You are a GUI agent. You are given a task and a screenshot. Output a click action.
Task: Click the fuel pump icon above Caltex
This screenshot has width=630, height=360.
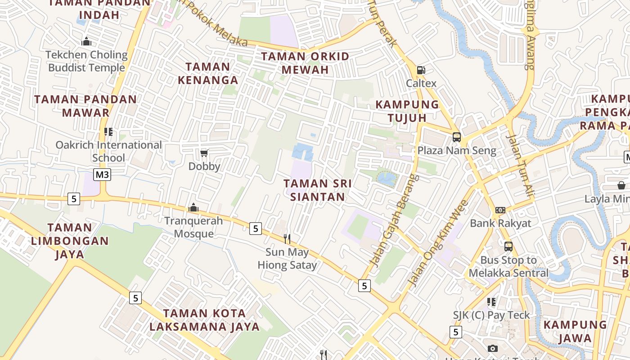point(421,70)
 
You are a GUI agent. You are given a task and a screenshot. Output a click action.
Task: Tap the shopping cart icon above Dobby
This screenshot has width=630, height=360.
point(204,153)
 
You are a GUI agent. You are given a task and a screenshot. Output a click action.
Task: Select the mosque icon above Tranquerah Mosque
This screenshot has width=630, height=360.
point(193,207)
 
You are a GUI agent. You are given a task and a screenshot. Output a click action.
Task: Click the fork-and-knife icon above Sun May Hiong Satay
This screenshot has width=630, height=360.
point(287,238)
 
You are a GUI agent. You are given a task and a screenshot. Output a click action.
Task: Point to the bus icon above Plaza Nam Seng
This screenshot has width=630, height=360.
point(456,137)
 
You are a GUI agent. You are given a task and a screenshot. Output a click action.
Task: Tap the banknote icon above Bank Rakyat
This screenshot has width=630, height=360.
point(500,210)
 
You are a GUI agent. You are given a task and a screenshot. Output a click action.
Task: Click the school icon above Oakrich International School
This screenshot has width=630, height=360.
point(108,131)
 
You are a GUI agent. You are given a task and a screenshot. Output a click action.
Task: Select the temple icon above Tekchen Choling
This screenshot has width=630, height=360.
point(86,42)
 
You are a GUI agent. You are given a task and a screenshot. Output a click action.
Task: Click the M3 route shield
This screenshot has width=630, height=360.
point(102,174)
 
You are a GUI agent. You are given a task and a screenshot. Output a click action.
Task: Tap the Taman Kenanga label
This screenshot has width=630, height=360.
point(208,73)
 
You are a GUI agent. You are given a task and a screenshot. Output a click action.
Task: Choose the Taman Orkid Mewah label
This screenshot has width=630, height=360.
point(306,63)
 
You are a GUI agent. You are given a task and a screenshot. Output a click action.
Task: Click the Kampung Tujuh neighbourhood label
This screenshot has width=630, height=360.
point(407,111)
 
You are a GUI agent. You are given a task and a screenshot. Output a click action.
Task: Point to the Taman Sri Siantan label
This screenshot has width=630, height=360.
point(318,190)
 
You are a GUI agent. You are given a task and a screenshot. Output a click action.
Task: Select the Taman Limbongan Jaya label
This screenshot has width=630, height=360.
point(70,241)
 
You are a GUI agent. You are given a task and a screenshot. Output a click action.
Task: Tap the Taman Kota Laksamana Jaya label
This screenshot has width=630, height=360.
point(205,320)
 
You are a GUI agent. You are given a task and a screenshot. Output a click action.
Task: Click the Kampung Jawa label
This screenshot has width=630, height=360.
point(575,331)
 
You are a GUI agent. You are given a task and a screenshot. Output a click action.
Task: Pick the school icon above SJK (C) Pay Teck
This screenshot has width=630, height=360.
point(491,301)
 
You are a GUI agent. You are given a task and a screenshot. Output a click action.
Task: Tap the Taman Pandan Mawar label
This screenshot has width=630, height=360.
point(85,106)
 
